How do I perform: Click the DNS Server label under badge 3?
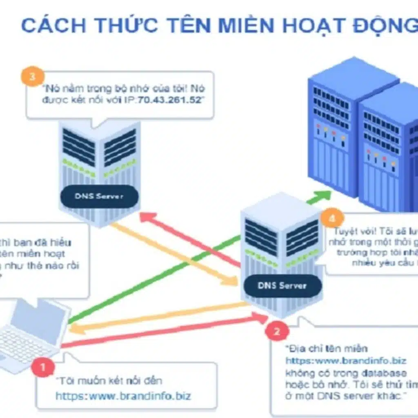(x=99, y=196)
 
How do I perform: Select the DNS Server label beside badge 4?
(x=282, y=285)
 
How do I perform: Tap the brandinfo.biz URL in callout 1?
(x=123, y=396)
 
